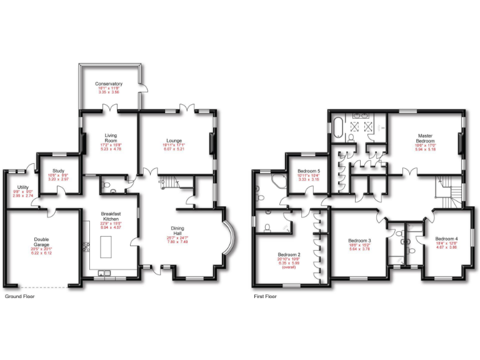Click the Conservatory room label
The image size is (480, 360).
click(x=109, y=84)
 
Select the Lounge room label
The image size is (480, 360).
click(x=174, y=141)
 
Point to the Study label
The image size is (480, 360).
click(x=59, y=171)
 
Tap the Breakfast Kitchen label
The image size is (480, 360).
click(x=110, y=214)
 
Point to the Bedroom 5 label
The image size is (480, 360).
click(x=309, y=171)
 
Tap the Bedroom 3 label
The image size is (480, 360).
click(x=360, y=241)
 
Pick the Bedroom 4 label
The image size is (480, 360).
click(x=446, y=239)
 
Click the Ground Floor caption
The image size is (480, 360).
click(x=19, y=296)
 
